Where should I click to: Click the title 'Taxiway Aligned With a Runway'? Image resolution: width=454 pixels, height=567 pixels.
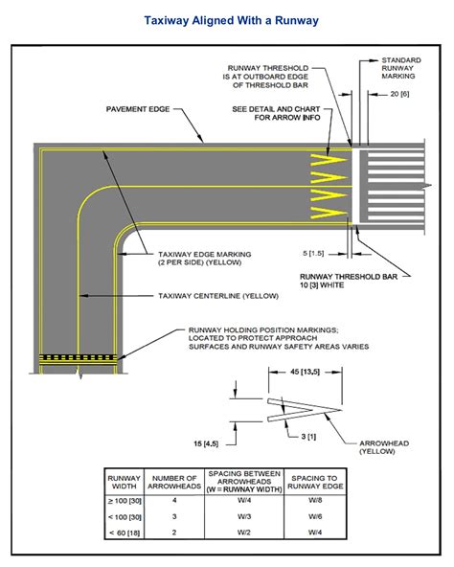point(226,19)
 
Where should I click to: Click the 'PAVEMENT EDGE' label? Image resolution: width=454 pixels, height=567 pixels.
point(137,110)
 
